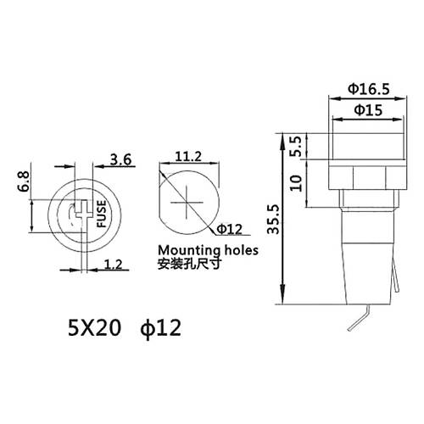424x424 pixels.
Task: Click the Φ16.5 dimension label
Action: pyautogui.click(x=368, y=89)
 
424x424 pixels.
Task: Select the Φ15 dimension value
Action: pyautogui.click(x=368, y=109)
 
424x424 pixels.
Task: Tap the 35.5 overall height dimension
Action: pyautogui.click(x=273, y=220)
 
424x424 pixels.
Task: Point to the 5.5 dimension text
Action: pyautogui.click(x=296, y=147)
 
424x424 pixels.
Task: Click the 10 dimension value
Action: pyautogui.click(x=296, y=183)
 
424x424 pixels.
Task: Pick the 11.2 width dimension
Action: pyautogui.click(x=188, y=156)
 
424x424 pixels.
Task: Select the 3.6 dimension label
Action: pyautogui.click(x=120, y=159)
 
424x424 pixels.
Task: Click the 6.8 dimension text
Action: pyautogui.click(x=23, y=181)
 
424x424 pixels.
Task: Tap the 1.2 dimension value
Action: pyautogui.click(x=114, y=265)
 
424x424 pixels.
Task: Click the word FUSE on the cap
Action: pyautogui.click(x=101, y=214)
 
